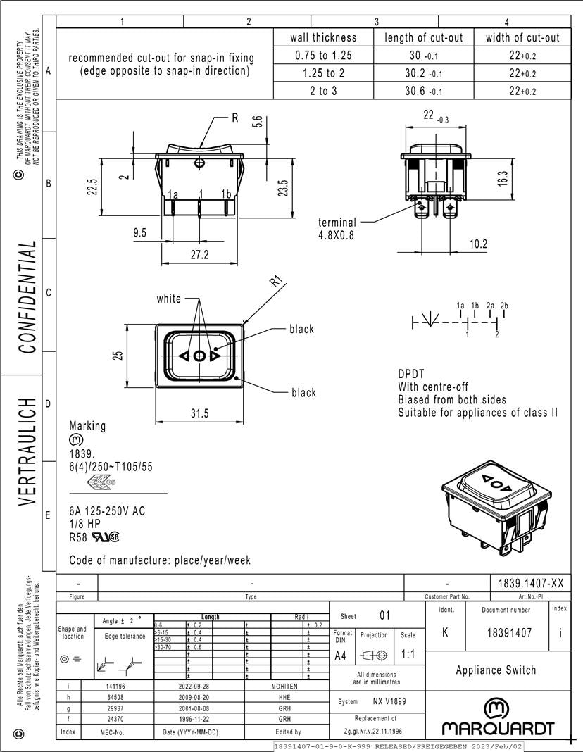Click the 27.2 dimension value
199,255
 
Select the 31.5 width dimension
199,413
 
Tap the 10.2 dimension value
478,244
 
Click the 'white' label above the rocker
168,299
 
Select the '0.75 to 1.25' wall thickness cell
323,56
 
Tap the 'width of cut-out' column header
522,38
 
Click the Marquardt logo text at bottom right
498,728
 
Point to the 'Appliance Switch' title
496,670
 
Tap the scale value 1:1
408,654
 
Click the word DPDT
411,375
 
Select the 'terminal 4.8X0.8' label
337,229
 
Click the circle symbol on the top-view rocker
199,356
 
